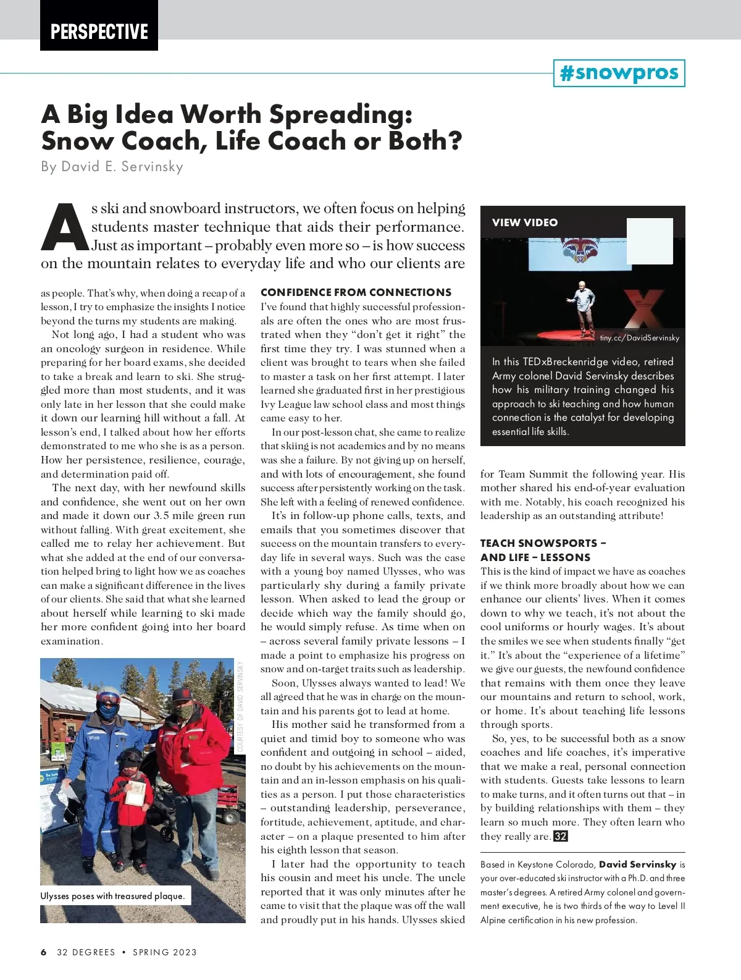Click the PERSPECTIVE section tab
[x=99, y=31]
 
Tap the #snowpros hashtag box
[x=619, y=73]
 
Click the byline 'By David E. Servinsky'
[x=112, y=166]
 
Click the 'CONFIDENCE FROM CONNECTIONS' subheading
[x=356, y=292]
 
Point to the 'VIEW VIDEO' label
[x=524, y=222]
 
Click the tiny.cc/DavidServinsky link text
[x=639, y=338]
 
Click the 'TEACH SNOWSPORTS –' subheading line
[x=543, y=543]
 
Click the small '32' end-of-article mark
[x=560, y=836]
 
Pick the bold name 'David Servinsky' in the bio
[x=637, y=864]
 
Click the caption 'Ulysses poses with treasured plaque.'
[x=113, y=896]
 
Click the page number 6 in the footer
[x=44, y=952]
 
